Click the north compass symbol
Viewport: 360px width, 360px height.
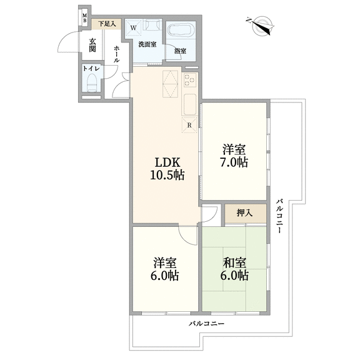point(261,26)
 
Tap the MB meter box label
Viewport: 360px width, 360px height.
point(85,18)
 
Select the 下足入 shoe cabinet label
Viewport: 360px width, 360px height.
point(107,24)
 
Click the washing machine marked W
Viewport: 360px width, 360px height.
point(133,28)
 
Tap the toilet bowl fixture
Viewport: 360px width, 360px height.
point(92,82)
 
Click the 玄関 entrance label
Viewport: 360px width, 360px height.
point(92,45)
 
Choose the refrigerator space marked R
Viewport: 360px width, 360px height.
point(189,125)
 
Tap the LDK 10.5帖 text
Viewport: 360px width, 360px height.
point(167,169)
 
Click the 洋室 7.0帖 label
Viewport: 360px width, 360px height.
point(234,156)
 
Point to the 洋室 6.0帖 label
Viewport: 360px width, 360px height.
point(165,269)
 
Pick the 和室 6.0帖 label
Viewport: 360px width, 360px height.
point(234,269)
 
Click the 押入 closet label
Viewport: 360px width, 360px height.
point(245,213)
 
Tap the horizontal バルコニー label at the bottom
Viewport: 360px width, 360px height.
point(206,324)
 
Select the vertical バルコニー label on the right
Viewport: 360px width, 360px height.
point(279,216)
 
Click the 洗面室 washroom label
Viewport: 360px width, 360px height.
point(147,44)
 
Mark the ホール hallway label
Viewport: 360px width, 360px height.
point(117,54)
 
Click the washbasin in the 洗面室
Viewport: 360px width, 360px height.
point(151,25)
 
